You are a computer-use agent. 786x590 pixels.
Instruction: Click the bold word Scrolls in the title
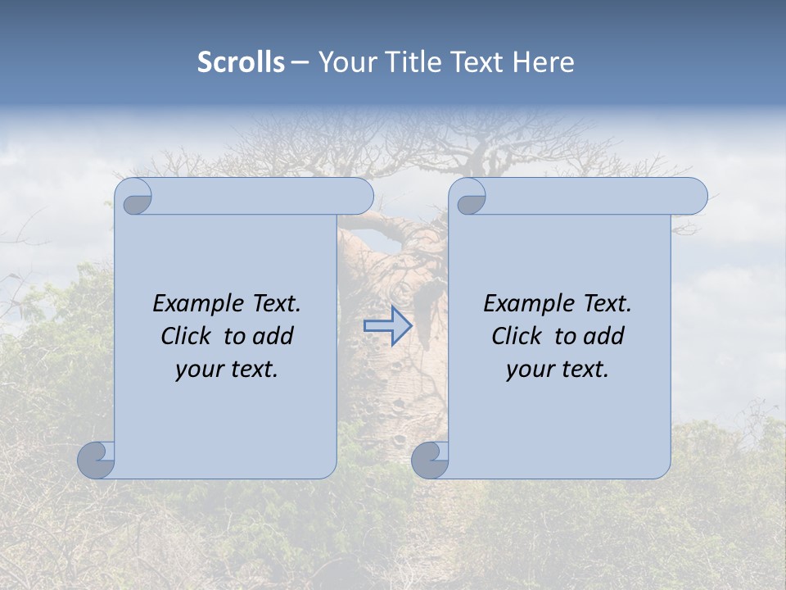[x=242, y=62]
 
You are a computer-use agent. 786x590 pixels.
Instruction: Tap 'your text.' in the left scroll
[x=227, y=370]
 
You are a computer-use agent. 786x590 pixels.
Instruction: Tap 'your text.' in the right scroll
[x=558, y=370]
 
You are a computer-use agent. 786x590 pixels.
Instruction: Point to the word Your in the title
[x=345, y=62]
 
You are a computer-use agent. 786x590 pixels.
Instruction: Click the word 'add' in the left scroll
[x=273, y=336]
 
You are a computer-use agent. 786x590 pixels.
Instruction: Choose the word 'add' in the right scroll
[x=604, y=336]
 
